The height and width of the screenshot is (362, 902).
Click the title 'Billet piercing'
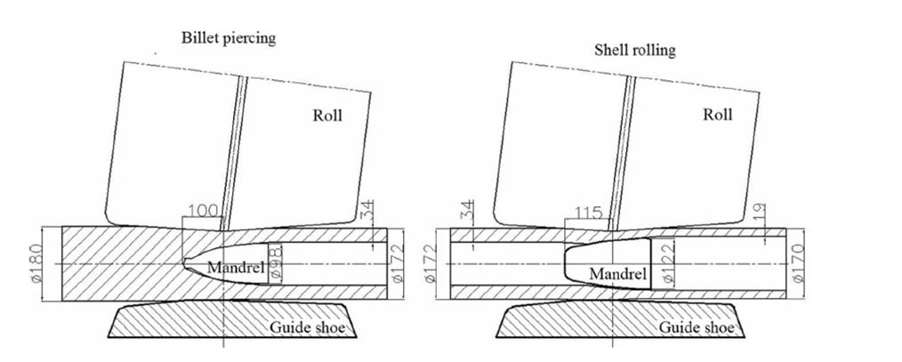[x=226, y=38]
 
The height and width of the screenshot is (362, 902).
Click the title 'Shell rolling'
[x=634, y=50]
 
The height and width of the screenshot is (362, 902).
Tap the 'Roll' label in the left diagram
[x=326, y=115]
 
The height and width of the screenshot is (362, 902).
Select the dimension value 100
[x=202, y=212]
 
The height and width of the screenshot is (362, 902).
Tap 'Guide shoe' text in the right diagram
[x=697, y=328]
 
